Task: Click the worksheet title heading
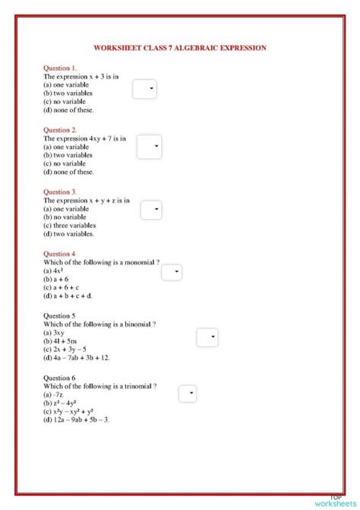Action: [x=180, y=48]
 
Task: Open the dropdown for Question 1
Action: [x=144, y=89]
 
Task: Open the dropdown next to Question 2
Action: [x=149, y=147]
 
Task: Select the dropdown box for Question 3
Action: [x=151, y=210]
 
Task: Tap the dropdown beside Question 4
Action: [x=172, y=271]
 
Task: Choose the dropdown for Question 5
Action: [x=207, y=337]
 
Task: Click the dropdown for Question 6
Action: [x=188, y=394]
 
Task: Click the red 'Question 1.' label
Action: [x=60, y=68]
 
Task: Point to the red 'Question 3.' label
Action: [x=60, y=192]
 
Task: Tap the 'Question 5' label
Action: [x=59, y=315]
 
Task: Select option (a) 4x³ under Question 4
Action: [x=53, y=271]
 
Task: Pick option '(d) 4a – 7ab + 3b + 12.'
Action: [x=77, y=357]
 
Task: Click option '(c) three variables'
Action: [x=70, y=226]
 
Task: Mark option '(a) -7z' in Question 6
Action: [x=53, y=394]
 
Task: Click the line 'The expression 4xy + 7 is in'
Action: [x=84, y=139]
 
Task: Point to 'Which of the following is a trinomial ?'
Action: [x=100, y=386]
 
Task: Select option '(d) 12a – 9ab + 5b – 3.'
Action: [x=77, y=420]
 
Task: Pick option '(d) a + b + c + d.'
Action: [x=68, y=296]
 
